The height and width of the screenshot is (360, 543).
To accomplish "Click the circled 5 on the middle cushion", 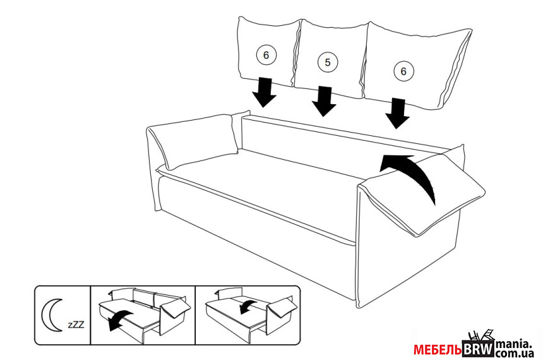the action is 328,63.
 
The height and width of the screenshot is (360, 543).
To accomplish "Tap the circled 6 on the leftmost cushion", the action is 266,55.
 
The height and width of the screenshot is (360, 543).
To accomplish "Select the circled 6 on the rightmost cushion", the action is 403,71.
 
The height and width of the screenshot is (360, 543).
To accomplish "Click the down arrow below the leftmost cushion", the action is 264,92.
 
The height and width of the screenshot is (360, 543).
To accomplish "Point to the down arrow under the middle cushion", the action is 324,101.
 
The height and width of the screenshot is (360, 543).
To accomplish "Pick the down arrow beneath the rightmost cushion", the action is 398,113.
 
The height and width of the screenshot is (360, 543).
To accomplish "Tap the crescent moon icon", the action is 52,315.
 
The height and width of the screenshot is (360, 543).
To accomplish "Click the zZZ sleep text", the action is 76,325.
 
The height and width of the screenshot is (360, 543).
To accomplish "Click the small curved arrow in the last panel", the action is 248,306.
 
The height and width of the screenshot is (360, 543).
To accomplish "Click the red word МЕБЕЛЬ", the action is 438,350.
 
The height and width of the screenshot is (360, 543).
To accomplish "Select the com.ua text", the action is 515,354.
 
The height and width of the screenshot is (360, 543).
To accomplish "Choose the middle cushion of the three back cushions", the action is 330,59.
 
